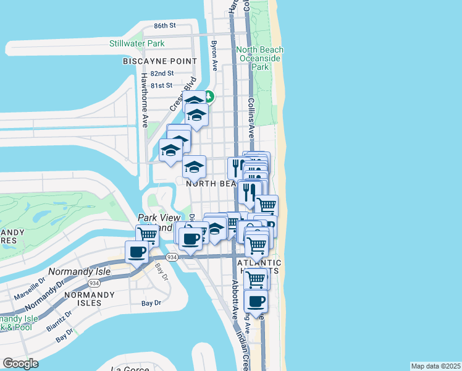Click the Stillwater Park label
[137, 43]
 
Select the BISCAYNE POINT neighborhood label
[160, 61]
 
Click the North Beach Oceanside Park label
[260, 58]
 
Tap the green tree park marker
[209, 96]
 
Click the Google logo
[20, 364]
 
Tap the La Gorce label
[130, 369]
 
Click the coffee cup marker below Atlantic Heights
[256, 302]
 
